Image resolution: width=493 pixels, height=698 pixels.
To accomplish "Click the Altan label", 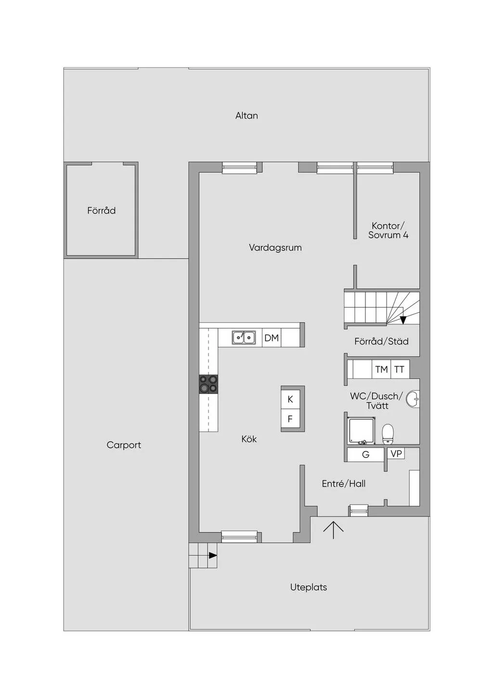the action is click(246, 116).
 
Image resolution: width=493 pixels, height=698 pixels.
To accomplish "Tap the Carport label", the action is click(124, 445).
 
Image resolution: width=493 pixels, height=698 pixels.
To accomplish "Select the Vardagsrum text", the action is click(275, 248).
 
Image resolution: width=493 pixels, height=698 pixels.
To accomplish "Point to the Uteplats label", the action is click(308, 587).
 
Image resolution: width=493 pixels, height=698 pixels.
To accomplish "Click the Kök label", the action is click(249, 439).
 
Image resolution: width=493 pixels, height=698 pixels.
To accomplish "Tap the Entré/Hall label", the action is click(344, 484).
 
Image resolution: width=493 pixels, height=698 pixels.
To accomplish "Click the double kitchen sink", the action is click(244, 338).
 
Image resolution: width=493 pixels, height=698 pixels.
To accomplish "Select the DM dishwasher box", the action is click(272, 338).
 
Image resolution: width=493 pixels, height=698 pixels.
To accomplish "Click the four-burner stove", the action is click(208, 384).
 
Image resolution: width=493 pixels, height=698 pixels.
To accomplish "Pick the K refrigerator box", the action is click(290, 399).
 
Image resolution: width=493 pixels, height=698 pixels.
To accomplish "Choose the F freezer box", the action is click(290, 419).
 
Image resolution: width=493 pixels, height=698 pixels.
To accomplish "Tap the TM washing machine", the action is click(381, 369).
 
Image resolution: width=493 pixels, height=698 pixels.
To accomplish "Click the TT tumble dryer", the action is click(400, 369).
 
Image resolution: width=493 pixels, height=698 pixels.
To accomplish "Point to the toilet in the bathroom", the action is click(388, 433).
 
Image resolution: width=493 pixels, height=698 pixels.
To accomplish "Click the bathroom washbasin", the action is click(413, 399).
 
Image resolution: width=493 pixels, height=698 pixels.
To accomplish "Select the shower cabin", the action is click(362, 431).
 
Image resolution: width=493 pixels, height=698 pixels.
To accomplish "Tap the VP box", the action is click(396, 454).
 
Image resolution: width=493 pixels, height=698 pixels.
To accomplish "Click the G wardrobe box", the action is click(365, 455).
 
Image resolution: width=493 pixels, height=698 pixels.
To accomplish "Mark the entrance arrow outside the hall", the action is click(333, 530).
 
